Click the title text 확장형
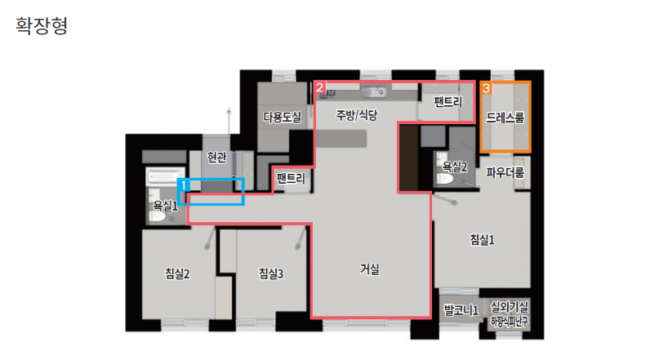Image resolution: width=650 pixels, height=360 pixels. [x=42, y=26]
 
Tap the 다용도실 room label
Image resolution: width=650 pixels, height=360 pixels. [x=282, y=118]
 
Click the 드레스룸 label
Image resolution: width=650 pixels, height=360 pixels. [x=505, y=118]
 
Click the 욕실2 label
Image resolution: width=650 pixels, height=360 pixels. [x=454, y=167]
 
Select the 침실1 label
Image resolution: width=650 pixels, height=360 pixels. [x=482, y=239]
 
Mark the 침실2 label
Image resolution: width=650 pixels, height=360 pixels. [x=177, y=273]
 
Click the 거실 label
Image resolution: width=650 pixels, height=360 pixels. [x=370, y=268]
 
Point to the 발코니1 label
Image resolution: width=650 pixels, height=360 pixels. [x=461, y=310]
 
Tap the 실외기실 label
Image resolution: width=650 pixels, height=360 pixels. [x=510, y=306]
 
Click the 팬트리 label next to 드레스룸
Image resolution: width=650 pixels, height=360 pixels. [x=448, y=103]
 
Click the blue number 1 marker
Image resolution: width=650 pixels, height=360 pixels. [x=185, y=185]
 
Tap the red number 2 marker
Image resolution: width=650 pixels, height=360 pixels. [x=320, y=87]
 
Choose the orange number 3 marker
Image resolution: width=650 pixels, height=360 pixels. [x=486, y=87]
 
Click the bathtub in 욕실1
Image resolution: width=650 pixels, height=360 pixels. [x=161, y=176]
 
